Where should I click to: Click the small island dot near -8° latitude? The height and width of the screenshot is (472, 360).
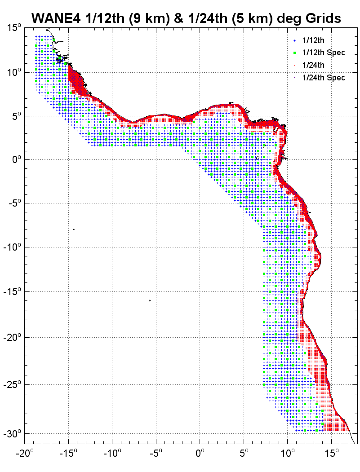pos(74,229)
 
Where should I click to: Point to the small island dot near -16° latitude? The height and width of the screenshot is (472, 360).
pos(150,300)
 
